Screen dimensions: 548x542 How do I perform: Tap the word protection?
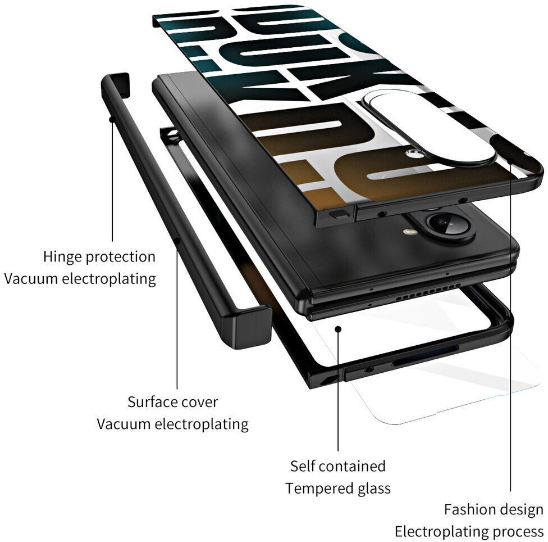120,258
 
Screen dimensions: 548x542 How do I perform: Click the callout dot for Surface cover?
177,241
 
